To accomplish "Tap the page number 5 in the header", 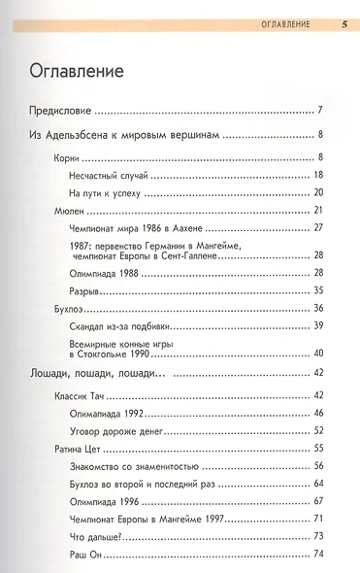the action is click(x=344, y=22).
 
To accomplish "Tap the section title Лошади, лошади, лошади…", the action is click(x=98, y=374).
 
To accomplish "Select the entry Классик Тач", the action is click(x=79, y=396).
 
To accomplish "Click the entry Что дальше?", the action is click(x=95, y=536).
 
